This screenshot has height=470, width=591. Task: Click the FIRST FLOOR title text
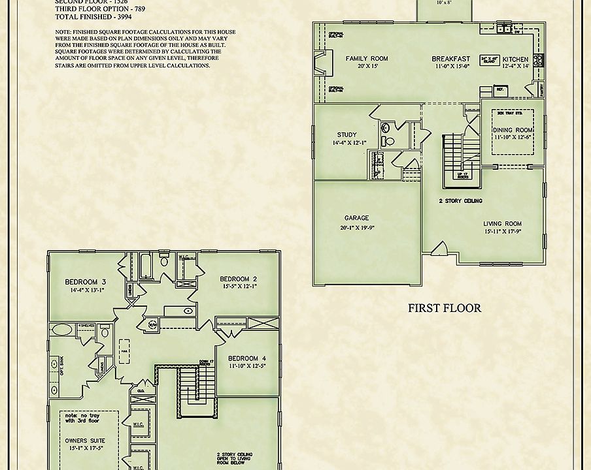[x=445, y=307]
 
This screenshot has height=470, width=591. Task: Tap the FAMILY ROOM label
[x=367, y=59]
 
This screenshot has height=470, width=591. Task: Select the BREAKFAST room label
[x=451, y=59]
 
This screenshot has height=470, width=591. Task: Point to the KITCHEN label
[x=516, y=59]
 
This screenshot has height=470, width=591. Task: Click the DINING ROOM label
[x=513, y=130]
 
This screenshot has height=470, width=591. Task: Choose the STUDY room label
[x=346, y=135]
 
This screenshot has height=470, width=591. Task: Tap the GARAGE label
[x=357, y=218]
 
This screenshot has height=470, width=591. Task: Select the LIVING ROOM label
[x=503, y=223]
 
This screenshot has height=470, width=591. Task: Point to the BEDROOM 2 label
[x=238, y=278]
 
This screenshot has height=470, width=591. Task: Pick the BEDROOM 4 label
[x=246, y=358]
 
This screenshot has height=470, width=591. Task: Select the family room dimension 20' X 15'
[x=367, y=67]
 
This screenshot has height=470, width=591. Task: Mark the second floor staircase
[x=190, y=386]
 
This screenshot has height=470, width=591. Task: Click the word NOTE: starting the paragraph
[x=65, y=32]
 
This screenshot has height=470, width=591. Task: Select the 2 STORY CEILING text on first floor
[x=460, y=202]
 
